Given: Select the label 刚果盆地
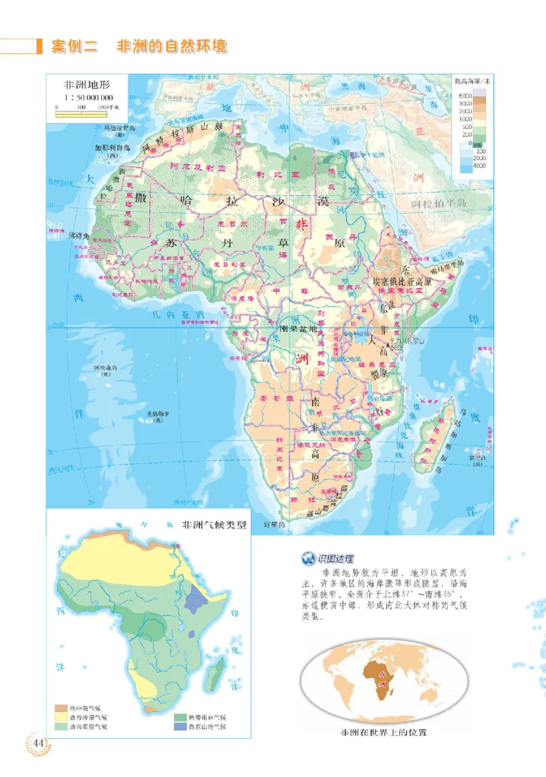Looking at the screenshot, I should coord(299,328).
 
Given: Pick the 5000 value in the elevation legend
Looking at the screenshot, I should coord(465,94).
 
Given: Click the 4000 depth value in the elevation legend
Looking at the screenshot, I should coord(480,166).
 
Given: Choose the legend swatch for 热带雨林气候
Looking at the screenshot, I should coord(179,718).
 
